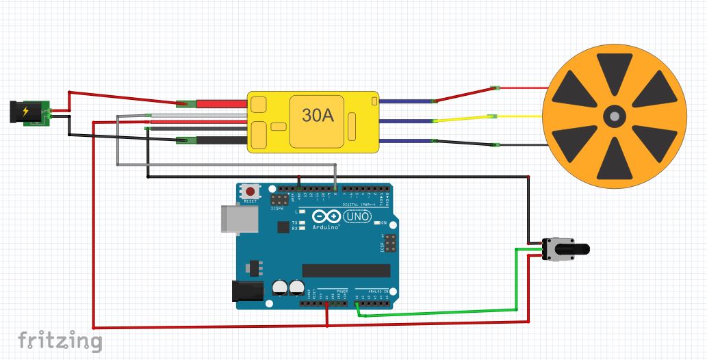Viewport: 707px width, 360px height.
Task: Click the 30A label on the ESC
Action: point(318,117)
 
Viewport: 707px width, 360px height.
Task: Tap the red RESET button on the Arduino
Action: point(251,192)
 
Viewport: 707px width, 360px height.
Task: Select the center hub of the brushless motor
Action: point(614,117)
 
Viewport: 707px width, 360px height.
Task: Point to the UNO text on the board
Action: point(357,216)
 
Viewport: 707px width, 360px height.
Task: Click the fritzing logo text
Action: point(60,339)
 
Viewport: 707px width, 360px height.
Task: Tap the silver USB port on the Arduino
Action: point(237,218)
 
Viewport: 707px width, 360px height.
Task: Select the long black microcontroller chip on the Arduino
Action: point(346,270)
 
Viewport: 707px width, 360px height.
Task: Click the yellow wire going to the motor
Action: point(465,119)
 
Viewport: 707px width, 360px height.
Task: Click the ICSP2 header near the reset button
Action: point(280,201)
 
